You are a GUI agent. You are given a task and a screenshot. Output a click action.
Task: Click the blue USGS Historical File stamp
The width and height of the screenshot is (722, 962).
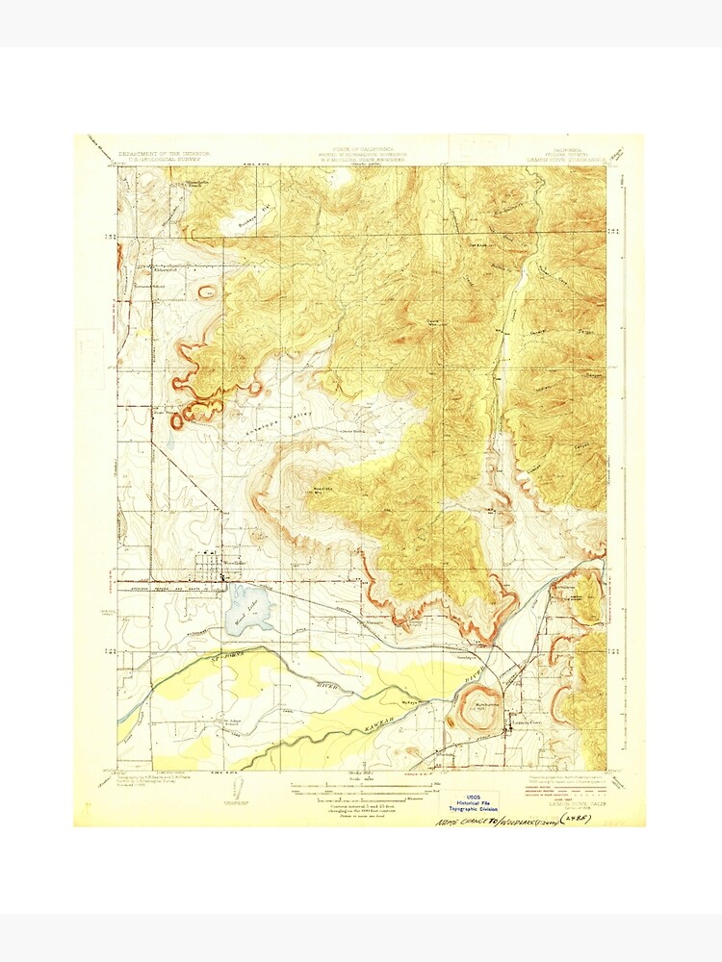pos(472,802)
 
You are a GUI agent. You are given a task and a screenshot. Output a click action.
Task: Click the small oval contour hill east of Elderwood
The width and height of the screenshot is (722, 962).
pos(207,291)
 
